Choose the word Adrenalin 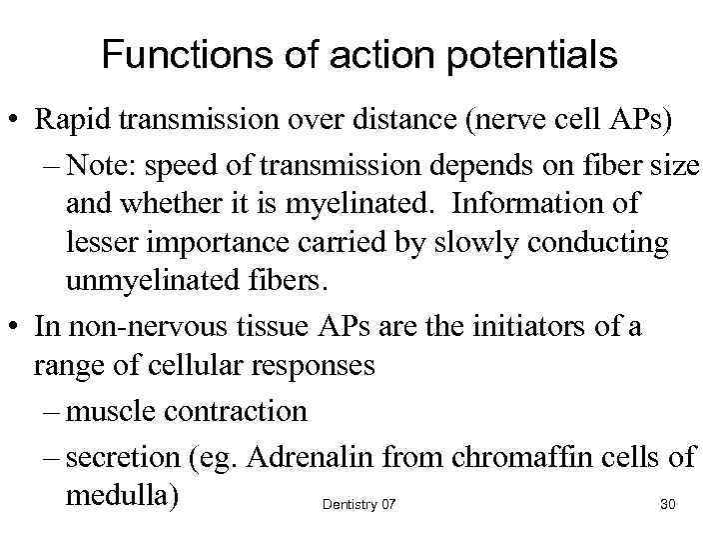tap(306, 458)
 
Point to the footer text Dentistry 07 tap(359, 505)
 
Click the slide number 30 tap(668, 505)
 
